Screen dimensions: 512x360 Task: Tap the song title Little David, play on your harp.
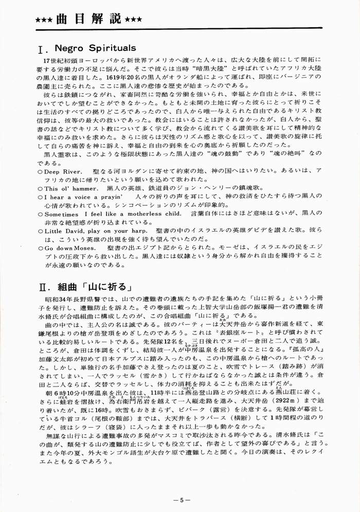[x=95, y=231]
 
